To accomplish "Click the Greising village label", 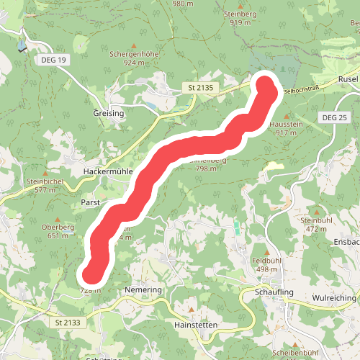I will pyautogui.click(x=109, y=114).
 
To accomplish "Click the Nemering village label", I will pyautogui.click(x=144, y=289).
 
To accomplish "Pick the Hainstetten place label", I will pyautogui.click(x=196, y=325).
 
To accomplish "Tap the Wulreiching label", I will pyautogui.click(x=336, y=296).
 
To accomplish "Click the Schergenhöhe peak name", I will pyautogui.click(x=135, y=54).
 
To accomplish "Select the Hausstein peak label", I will pyautogui.click(x=282, y=125).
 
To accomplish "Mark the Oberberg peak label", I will pyautogui.click(x=58, y=227).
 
